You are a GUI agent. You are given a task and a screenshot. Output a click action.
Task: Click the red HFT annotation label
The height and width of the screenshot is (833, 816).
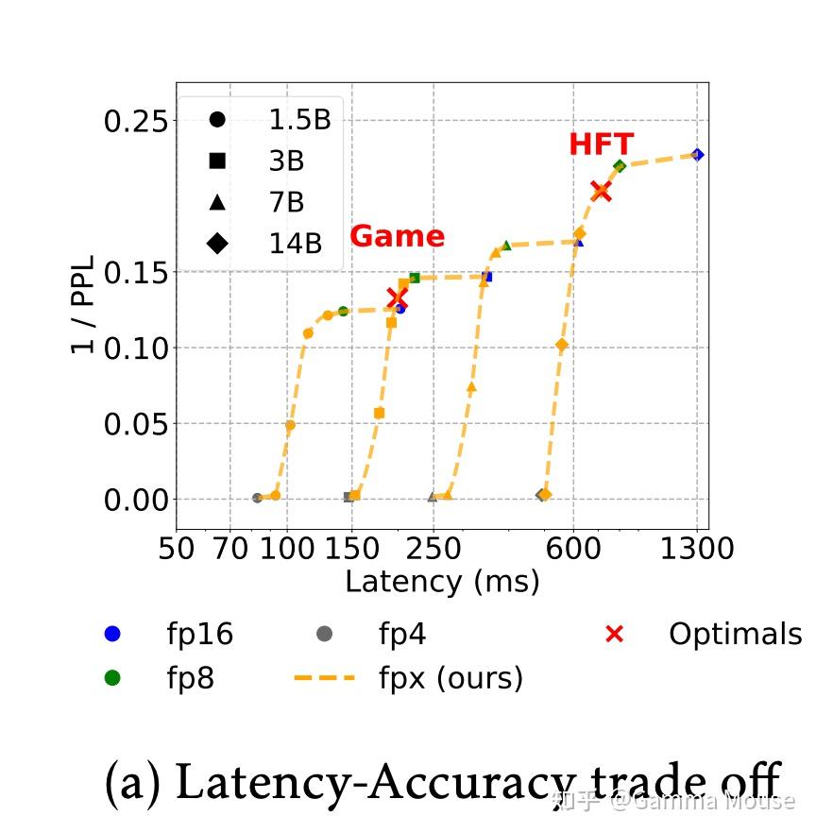pos(601,144)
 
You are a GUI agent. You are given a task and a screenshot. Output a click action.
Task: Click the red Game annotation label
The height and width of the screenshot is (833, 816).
pos(397,236)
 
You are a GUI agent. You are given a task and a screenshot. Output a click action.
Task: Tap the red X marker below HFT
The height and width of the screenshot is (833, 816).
pos(601,192)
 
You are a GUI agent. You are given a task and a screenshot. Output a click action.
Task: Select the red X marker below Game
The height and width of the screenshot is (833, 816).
pos(398,297)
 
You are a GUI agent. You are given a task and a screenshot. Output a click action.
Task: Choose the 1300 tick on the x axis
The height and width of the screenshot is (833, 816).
pos(697,548)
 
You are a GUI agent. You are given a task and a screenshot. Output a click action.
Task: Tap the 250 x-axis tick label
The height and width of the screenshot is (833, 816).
pos(433,548)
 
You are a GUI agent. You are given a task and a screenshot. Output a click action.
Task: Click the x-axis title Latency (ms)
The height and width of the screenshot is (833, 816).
pos(442,581)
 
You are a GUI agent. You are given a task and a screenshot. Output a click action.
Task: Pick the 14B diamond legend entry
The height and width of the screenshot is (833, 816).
pos(217,244)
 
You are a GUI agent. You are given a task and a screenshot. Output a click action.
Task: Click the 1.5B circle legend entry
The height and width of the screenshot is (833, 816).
pos(217,120)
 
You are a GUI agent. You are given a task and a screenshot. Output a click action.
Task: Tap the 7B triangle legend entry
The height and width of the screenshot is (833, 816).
pos(217,202)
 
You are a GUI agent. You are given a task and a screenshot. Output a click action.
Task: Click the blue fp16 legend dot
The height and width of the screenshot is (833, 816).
pos(112,635)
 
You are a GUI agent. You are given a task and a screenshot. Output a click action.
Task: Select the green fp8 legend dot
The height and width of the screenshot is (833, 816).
pos(112,678)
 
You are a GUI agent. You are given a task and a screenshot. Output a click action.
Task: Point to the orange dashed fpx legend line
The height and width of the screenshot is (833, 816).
pos(325,678)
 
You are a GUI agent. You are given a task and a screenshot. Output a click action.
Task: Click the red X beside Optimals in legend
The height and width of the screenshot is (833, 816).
pos(614,635)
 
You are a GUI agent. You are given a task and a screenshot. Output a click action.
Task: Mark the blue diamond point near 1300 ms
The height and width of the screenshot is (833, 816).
pos(697,155)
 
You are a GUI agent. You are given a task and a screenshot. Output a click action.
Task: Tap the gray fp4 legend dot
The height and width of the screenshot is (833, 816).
pos(325,635)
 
